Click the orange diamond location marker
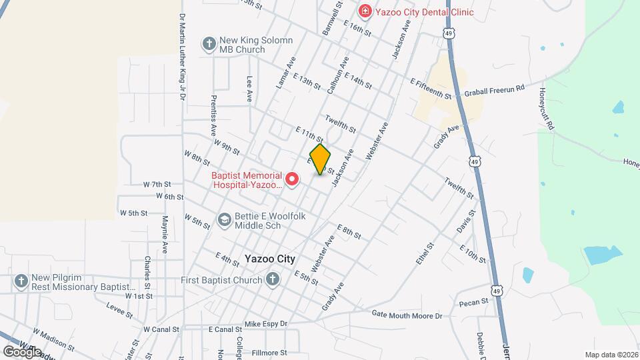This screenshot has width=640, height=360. click(321, 159)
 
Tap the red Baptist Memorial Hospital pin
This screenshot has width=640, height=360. click(291, 179)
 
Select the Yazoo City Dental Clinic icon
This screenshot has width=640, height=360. click(365, 11)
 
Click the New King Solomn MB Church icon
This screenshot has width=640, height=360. click(209, 44)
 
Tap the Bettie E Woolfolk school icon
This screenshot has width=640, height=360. click(225, 219)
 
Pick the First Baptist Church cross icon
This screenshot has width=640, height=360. click(272, 280)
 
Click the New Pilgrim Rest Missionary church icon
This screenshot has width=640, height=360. click(21, 281)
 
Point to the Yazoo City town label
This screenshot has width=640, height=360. click(269, 259)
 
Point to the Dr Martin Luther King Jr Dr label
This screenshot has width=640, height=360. click(181, 57)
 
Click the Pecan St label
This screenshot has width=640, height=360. click(473, 303)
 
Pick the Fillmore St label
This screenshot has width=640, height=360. click(269, 352)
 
